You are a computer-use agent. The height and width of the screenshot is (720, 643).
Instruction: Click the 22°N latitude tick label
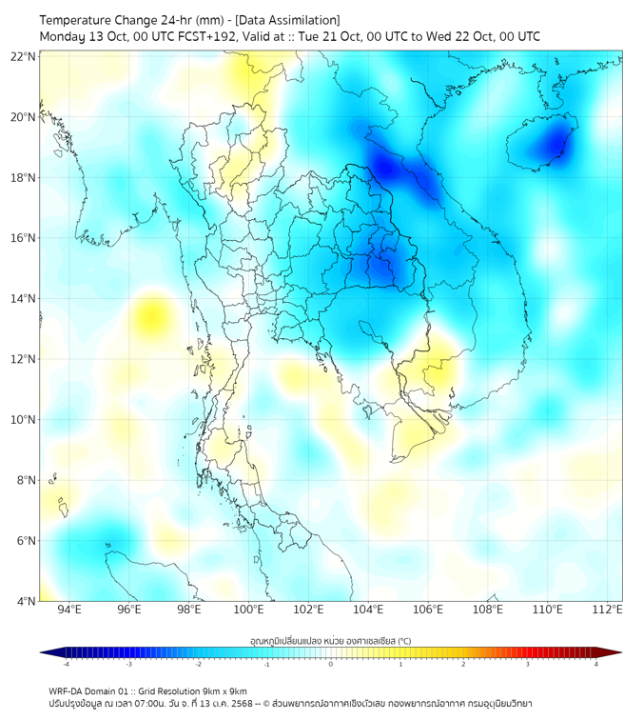[x=24, y=56]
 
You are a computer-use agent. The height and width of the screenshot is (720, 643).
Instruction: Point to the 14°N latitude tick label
[x=24, y=298]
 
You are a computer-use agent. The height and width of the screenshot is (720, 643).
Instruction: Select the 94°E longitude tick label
[x=69, y=610]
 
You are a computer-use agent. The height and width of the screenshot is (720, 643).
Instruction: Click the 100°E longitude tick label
[x=248, y=610]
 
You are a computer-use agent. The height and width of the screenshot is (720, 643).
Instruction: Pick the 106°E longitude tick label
[x=428, y=610]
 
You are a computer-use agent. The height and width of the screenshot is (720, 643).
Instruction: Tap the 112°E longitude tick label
[x=607, y=610]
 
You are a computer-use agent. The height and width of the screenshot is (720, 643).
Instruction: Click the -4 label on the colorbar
[x=66, y=664]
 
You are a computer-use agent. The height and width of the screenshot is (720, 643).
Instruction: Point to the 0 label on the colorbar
[x=331, y=664]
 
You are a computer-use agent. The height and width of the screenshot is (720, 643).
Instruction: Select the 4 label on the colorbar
[x=595, y=664]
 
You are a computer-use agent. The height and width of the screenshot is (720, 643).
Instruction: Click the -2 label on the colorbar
[x=198, y=664]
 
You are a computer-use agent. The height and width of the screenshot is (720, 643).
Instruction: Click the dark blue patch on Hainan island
[x=553, y=143]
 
